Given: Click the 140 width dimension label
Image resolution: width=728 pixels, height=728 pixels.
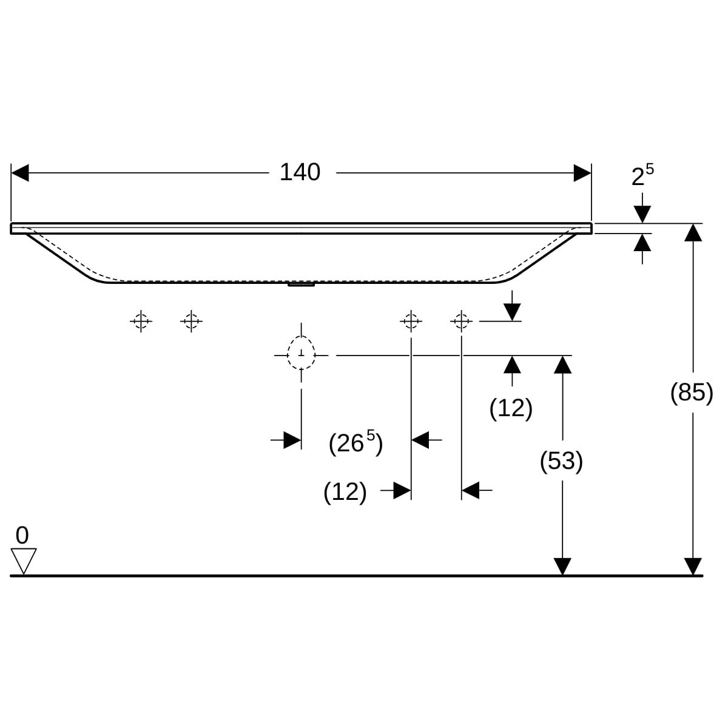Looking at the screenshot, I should point(300,173).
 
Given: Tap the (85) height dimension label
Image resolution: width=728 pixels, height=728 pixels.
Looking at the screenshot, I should point(691,393).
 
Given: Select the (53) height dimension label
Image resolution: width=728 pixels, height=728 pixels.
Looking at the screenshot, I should point(561,462).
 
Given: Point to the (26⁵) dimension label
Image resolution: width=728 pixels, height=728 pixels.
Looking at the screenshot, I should point(356,443).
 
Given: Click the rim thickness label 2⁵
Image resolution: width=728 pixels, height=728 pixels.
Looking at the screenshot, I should point(642,176).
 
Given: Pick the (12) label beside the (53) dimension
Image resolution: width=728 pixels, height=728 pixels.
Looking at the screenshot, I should point(511,408).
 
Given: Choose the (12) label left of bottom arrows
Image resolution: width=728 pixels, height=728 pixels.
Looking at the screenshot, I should point(345,491).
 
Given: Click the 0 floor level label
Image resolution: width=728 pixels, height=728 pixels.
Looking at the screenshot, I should point(22,536).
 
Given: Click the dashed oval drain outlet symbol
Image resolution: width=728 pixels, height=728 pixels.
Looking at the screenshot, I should point(301,354).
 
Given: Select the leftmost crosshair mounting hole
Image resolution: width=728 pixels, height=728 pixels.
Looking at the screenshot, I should point(141,320).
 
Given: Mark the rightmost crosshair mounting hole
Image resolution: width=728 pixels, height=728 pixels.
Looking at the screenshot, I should point(462,320).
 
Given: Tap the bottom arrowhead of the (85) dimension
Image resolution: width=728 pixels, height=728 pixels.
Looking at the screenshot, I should point(693,566).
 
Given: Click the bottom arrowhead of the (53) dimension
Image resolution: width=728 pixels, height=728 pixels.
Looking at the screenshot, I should point(563,566).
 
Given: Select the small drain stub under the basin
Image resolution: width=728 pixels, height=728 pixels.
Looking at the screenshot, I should point(301,284).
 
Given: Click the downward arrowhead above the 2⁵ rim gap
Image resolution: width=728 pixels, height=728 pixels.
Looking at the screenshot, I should point(642,214).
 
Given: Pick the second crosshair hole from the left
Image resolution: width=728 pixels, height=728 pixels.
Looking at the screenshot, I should point(191,320).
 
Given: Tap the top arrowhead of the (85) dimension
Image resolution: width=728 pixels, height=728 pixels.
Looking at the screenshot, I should point(693,232).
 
